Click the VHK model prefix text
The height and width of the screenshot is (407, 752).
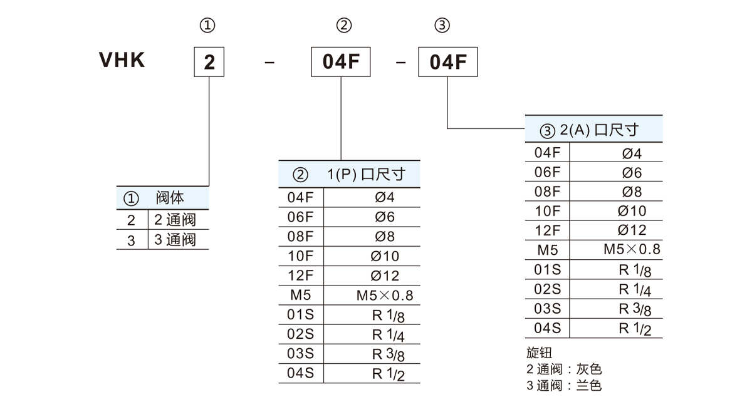click(x=122, y=60)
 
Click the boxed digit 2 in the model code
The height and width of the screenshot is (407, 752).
click(x=209, y=62)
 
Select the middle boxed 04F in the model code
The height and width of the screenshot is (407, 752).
click(x=341, y=62)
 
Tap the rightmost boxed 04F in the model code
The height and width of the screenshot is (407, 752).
click(x=447, y=62)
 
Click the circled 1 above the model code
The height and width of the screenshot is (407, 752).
click(x=208, y=26)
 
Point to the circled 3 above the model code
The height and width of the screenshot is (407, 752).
click(x=442, y=26)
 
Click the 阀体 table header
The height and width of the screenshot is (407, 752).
click(x=170, y=198)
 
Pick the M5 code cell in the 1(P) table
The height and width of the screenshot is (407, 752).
click(x=300, y=295)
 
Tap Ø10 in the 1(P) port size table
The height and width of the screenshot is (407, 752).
click(x=385, y=256)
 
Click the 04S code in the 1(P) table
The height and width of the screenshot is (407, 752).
click(x=300, y=373)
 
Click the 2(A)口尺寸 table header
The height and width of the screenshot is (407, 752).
click(x=598, y=130)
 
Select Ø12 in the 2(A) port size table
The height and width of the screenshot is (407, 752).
click(x=632, y=230)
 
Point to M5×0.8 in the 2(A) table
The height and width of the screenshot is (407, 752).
click(x=632, y=249)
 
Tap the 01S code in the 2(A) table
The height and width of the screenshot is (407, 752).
click(x=547, y=269)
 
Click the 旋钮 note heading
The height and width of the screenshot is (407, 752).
click(x=540, y=353)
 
